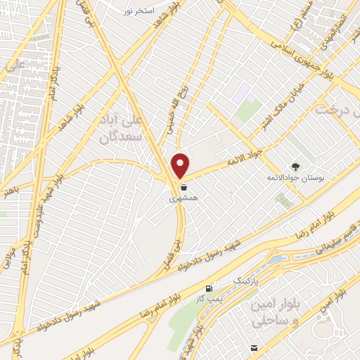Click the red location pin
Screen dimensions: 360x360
pos(181,165)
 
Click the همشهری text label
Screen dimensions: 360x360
pos(184,199)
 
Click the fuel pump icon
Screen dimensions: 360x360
pos(208,288)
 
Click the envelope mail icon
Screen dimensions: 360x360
pos(253,347)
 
